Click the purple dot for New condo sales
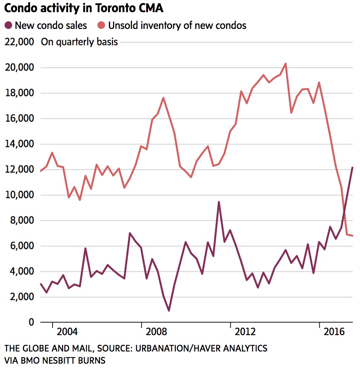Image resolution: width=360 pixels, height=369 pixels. point(8,25)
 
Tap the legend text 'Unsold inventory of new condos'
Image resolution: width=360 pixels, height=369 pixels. point(177,25)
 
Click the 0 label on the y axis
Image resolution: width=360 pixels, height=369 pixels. point(32,322)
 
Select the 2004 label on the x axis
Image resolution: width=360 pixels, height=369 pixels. point(67,332)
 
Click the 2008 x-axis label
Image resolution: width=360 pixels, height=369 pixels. point(156,332)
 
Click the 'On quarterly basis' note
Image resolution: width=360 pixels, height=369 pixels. point(80,42)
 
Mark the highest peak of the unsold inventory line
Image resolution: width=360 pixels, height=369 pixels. point(286,64)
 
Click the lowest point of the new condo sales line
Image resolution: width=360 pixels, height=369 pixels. point(169,310)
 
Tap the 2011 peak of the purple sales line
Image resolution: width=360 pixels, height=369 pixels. point(219,202)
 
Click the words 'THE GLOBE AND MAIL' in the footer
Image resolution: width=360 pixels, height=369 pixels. point(46,348)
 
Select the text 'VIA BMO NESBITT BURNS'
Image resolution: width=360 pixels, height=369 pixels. point(55,360)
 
